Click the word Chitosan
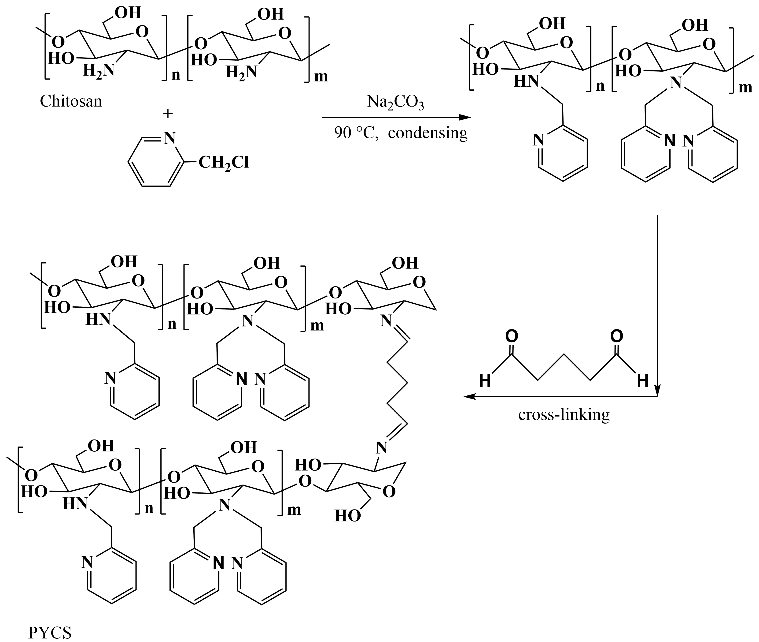click(71, 101)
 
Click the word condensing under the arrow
click(428, 133)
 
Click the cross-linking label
click(564, 415)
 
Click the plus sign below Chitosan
click(168, 114)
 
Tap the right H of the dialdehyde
click(643, 381)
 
